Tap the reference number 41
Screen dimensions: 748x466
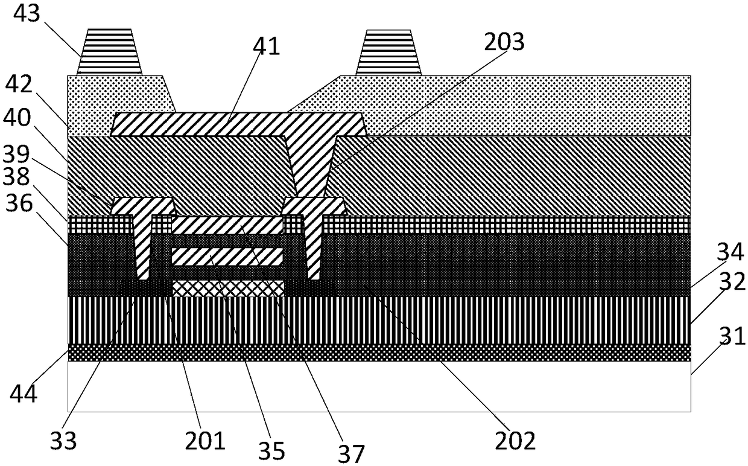[x=266, y=46]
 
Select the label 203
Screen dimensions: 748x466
[x=504, y=42]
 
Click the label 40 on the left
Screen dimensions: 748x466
[x=17, y=118]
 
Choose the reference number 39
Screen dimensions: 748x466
[x=16, y=155]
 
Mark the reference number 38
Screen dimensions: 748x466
[x=16, y=176]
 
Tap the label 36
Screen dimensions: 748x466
[x=19, y=203]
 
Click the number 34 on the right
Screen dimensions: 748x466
[x=730, y=252]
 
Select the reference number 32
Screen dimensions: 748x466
[x=732, y=282]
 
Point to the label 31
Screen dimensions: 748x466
[x=732, y=336]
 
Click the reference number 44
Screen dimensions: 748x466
[x=24, y=394]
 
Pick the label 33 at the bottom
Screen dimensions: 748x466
[x=63, y=441]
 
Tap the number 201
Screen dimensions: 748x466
[x=205, y=441]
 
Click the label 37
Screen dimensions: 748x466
[x=350, y=454]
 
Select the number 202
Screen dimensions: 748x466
[x=515, y=441]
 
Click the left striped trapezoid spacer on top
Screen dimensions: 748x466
[x=109, y=52]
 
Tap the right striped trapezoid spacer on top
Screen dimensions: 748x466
[x=388, y=53]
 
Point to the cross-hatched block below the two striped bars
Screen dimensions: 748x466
[x=228, y=289]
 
